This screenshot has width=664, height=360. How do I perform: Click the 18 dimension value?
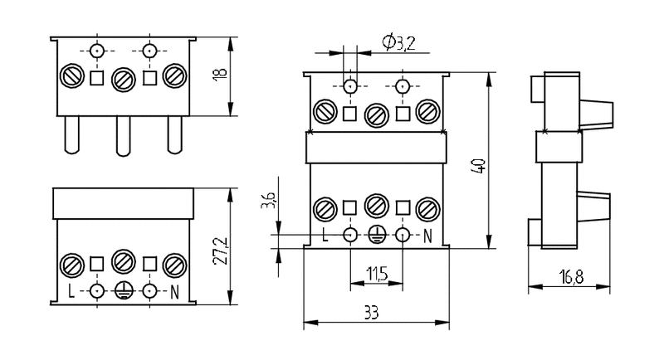coord(219,74)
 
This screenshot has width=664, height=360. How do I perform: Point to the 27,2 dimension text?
coord(219,250)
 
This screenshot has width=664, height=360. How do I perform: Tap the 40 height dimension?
coord(479,161)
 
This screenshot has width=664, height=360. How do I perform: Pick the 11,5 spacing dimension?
coord(377,272)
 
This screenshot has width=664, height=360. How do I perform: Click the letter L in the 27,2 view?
coord(72,291)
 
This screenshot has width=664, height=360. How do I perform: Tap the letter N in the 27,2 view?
coord(175,291)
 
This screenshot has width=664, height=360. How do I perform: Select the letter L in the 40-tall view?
coord(326,236)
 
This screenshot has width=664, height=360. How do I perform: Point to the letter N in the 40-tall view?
coord(428,236)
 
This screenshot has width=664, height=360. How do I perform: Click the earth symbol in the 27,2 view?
coord(124,291)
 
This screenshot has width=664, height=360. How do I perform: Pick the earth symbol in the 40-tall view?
coord(377,236)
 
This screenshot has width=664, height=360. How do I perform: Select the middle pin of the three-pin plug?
coord(123,134)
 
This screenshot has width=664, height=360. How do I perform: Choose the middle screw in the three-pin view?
coord(123,79)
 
